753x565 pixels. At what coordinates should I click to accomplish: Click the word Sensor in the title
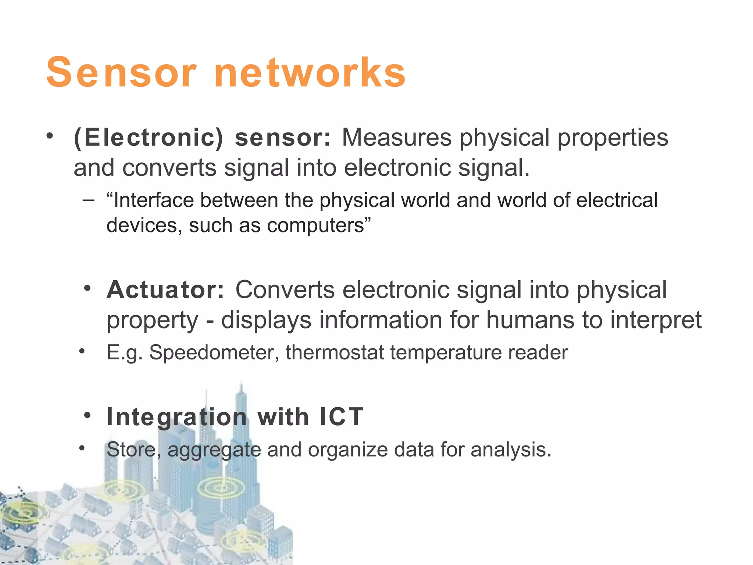tap(121, 72)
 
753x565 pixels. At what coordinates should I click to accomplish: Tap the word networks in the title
tap(310, 72)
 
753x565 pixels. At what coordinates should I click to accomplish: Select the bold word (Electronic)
tap(149, 138)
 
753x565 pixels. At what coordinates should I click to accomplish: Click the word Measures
tap(396, 138)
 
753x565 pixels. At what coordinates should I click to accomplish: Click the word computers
tap(315, 226)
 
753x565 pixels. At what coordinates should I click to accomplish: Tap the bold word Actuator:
tap(165, 290)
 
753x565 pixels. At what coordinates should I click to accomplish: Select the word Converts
tap(285, 290)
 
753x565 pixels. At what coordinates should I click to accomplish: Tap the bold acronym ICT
tap(342, 417)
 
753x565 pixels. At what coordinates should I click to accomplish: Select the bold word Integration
tap(177, 417)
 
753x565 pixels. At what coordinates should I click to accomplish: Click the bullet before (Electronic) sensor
tap(50, 136)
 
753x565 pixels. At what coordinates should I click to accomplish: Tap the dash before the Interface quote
tap(89, 200)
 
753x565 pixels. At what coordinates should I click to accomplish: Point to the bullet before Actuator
tap(87, 288)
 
